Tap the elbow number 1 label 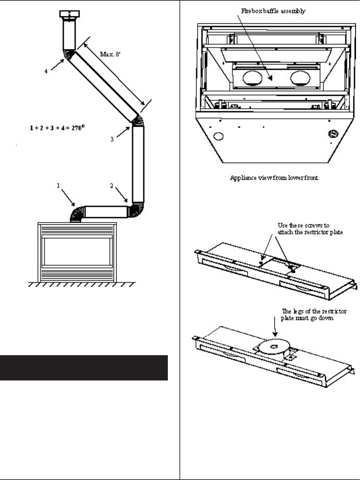pos(58,186)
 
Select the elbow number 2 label pos(112,186)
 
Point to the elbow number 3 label pos(112,139)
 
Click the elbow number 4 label pos(46,71)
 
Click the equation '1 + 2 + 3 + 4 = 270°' pos(56,127)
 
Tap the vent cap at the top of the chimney pos(69,15)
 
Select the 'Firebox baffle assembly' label pos(273,11)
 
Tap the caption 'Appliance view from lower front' pos(274,178)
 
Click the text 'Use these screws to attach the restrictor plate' pos(310,229)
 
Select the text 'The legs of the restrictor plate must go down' pos(314,315)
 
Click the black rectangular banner pos(84,367)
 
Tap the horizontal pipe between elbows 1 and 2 pos(107,212)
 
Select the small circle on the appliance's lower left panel pos(218,136)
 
